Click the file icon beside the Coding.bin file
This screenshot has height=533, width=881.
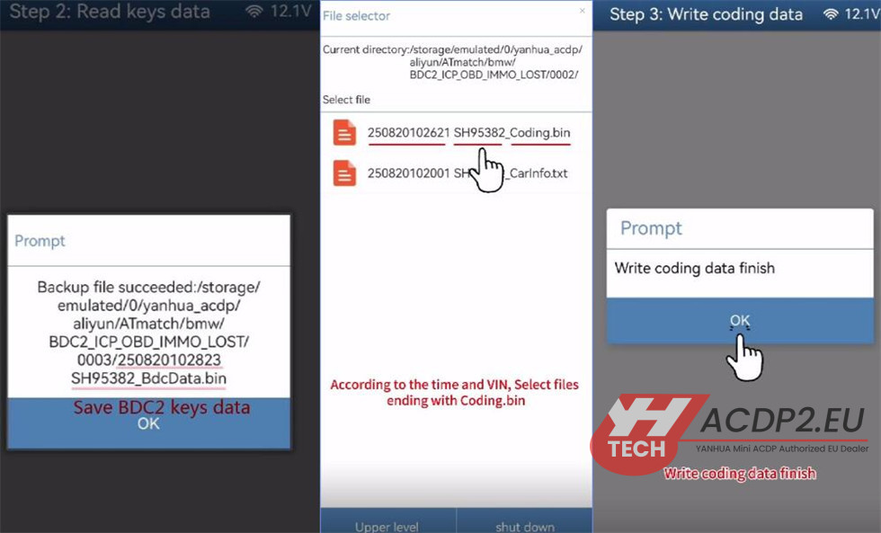[x=344, y=132]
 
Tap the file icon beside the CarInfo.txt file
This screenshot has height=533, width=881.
[x=344, y=173]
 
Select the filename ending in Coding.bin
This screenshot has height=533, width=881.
[x=468, y=132]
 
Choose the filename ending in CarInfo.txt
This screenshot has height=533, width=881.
[x=467, y=173]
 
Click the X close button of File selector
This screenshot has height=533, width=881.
[x=583, y=11]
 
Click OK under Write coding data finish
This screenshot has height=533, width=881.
[x=739, y=320]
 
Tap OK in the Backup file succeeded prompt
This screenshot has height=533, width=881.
[x=149, y=423]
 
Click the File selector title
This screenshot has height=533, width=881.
[x=356, y=15]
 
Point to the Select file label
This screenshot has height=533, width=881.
[x=346, y=100]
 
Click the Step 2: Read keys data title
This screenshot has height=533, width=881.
[x=110, y=11]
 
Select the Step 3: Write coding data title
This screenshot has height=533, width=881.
[x=707, y=14]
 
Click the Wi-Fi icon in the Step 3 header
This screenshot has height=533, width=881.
[x=831, y=14]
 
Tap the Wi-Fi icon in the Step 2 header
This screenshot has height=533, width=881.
[x=254, y=11]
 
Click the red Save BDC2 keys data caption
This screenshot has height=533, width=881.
[x=162, y=406]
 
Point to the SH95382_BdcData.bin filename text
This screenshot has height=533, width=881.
[x=148, y=378]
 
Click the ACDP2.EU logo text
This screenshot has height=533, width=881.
[x=783, y=420]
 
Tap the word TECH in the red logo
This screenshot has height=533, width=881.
[x=636, y=449]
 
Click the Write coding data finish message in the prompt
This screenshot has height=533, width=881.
[x=694, y=268]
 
